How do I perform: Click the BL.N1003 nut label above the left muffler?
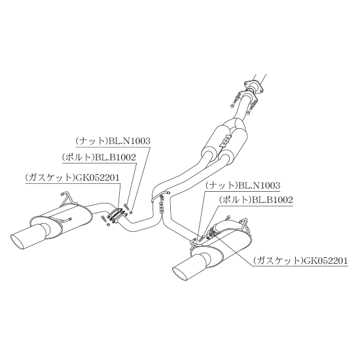click(113, 141)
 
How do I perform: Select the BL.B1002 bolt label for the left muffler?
click(99, 157)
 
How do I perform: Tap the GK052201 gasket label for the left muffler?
click(72, 177)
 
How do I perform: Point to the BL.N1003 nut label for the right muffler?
click(243, 185)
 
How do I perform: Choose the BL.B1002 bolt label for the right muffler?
click(256, 200)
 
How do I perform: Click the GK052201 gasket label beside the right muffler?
click(300, 261)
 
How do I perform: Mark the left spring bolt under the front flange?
click(234, 101)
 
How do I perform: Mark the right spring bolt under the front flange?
click(251, 108)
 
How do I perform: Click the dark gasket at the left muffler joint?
click(118, 215)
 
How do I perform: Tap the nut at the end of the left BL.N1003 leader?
click(131, 212)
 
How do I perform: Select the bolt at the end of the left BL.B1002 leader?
click(126, 206)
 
